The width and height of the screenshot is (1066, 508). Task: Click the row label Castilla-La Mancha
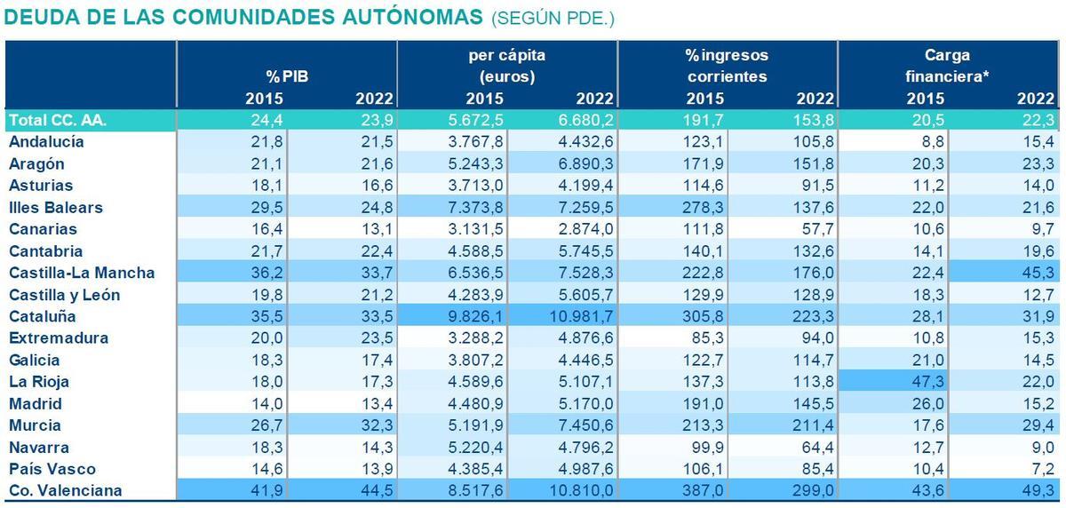(82, 273)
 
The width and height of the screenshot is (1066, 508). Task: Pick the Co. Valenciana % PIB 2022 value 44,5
(375, 490)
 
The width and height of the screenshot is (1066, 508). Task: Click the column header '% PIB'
(286, 77)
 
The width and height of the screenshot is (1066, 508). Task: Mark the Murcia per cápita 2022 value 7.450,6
(583, 425)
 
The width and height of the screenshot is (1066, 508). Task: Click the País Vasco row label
(52, 469)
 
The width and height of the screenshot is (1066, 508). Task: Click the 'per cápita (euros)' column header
(506, 66)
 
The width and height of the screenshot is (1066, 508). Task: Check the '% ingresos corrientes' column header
(727, 66)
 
